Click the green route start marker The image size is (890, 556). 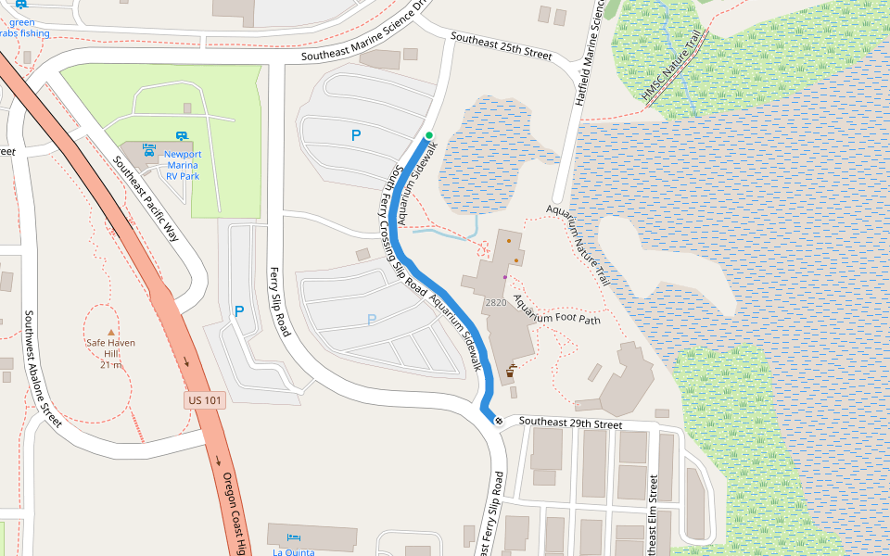[x=429, y=136]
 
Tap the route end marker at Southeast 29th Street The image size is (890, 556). [x=499, y=422]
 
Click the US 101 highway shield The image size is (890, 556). [x=205, y=400]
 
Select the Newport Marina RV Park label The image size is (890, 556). [x=183, y=164]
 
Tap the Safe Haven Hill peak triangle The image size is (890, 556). [x=111, y=331]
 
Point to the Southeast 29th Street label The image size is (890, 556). [x=570, y=423]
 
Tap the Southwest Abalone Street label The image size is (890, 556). [x=42, y=369]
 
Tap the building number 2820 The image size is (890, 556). [x=495, y=303]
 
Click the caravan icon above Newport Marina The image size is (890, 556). [x=183, y=135]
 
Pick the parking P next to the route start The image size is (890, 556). [x=355, y=135]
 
